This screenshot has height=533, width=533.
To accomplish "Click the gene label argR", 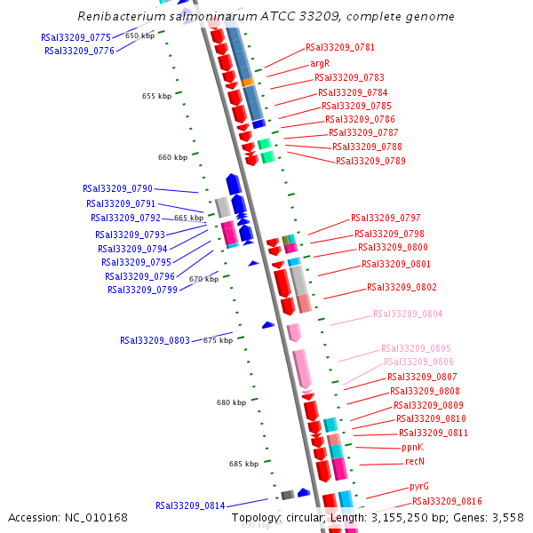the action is [320, 64].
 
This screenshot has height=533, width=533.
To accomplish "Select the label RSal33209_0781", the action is [340, 47].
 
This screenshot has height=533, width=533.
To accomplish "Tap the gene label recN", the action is [415, 461].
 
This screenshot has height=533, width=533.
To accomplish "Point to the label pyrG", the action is [419, 487].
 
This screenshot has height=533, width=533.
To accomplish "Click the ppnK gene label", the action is [413, 447].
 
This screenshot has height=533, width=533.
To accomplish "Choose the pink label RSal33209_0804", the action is [408, 314].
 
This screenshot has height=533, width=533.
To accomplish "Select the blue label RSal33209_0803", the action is [155, 340].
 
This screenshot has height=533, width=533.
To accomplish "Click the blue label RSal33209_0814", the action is [190, 505].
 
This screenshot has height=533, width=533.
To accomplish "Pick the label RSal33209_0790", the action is [118, 188].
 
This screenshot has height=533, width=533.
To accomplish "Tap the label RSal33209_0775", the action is [76, 37].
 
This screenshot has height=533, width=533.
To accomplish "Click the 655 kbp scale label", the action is [156, 96].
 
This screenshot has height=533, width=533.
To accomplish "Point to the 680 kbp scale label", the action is [231, 402].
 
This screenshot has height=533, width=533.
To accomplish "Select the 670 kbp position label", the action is [203, 280].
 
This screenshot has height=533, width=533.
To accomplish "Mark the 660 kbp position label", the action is [172, 157].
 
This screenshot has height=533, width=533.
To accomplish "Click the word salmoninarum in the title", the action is [193, 17].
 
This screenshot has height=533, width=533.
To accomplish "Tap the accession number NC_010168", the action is [97, 517].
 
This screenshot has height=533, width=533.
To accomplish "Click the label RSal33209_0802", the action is [402, 288].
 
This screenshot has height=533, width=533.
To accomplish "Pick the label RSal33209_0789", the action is [370, 161].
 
